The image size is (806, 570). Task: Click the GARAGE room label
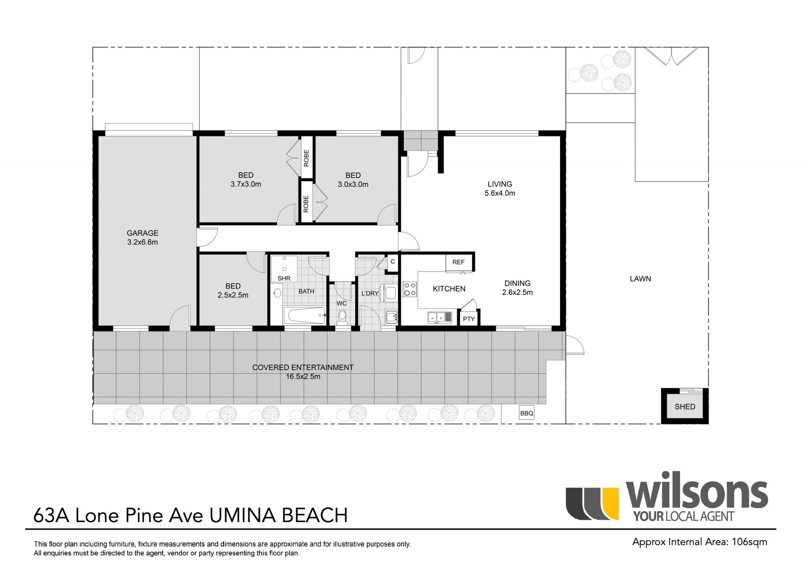click(x=142, y=233)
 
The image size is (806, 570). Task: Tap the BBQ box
click(x=526, y=413)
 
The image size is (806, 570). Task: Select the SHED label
click(x=685, y=407)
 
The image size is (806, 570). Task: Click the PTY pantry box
click(x=468, y=318)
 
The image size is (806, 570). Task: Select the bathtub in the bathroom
click(x=304, y=316)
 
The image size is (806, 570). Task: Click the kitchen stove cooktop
click(x=410, y=289)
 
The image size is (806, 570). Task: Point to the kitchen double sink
click(x=440, y=318)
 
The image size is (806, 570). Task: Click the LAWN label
click(x=640, y=278)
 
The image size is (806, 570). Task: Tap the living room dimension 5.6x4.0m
click(x=500, y=193)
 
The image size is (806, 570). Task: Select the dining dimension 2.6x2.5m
click(x=517, y=292)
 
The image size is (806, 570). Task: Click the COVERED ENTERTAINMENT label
click(x=303, y=368)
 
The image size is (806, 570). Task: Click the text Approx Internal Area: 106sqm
click(x=700, y=542)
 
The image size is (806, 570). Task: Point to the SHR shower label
click(x=284, y=278)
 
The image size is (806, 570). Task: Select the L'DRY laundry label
click(x=370, y=293)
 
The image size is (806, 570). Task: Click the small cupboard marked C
click(x=393, y=261)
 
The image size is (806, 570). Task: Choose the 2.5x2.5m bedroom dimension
click(x=233, y=295)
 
